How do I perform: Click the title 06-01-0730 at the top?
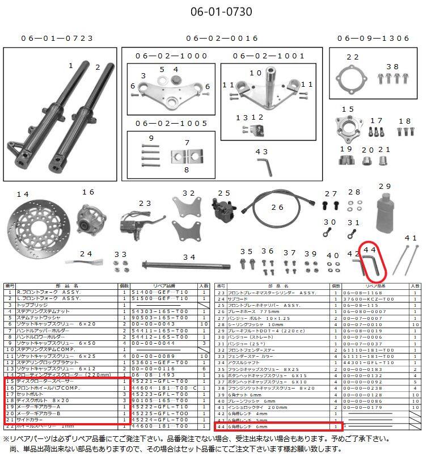click(213, 11)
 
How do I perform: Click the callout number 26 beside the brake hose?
click(277, 208)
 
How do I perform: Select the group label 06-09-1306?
click(373, 39)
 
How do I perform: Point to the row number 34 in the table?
click(219, 362)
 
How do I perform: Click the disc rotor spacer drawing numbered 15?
click(348, 128)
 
